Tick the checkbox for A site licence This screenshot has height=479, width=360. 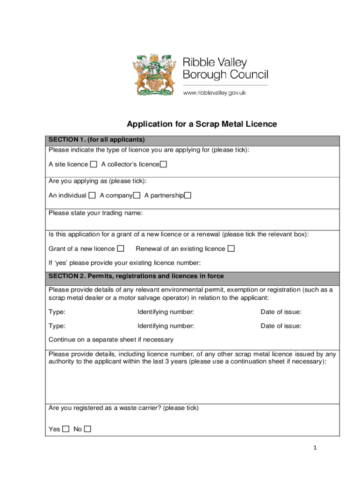(x=94, y=164)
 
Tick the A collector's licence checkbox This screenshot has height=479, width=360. (x=163, y=164)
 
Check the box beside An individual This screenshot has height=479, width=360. (x=92, y=196)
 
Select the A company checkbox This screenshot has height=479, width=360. (x=137, y=196)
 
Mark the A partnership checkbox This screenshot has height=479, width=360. (x=187, y=196)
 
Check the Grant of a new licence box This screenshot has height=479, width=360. (x=121, y=248)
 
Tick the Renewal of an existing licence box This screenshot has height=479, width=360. (x=231, y=248)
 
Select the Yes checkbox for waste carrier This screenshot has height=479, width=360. (x=66, y=429)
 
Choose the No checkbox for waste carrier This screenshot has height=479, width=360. (x=87, y=429)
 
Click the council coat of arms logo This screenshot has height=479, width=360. (x=155, y=75)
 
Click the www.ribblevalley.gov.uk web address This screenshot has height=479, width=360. (x=214, y=93)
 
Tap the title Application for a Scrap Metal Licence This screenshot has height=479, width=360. (x=202, y=124)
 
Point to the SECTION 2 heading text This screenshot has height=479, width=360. (x=136, y=276)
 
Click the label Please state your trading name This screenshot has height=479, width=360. (x=95, y=213)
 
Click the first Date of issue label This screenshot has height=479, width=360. (x=281, y=312)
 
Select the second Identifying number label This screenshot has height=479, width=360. (x=166, y=326)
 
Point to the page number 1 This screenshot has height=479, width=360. (x=315, y=448)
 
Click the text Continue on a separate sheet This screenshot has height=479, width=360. (x=111, y=340)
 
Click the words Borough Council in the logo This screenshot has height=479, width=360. (x=225, y=75)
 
